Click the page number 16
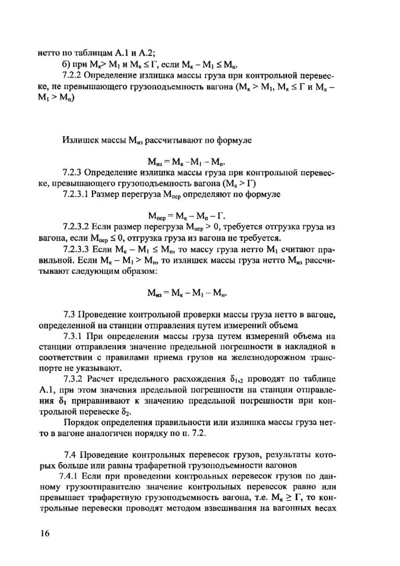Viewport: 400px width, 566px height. click(x=45, y=533)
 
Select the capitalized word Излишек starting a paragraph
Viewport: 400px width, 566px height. click(x=79, y=139)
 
